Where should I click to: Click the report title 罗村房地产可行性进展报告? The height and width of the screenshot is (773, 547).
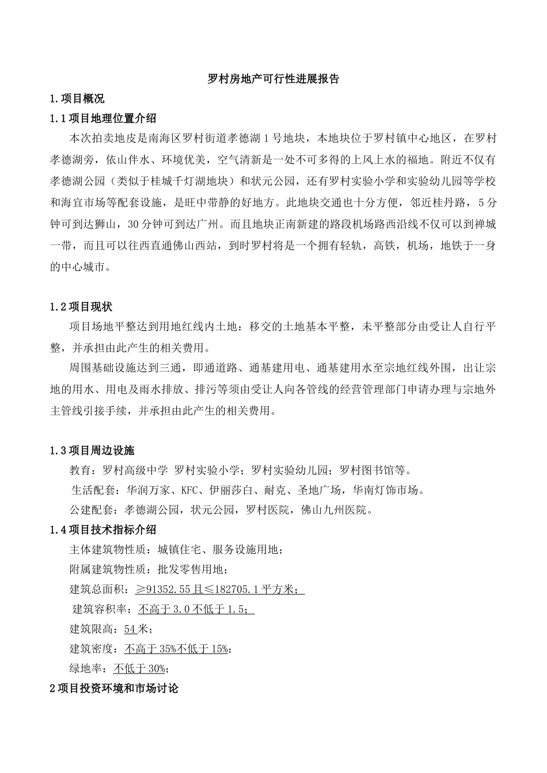coord(273,79)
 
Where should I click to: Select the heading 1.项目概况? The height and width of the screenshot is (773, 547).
coord(77,98)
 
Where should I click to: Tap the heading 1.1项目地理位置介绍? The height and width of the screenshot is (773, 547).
coord(103,119)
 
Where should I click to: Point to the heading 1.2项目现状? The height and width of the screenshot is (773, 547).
coord(81,307)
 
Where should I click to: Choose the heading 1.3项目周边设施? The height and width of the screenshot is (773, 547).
coord(92,450)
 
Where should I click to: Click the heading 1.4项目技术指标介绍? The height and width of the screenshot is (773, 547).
coord(103,530)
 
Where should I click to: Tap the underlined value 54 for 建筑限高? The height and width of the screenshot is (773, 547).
coord(130,629)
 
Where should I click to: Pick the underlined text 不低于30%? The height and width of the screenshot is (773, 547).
coord(139,668)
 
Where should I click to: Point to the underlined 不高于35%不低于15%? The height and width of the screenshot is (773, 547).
coord(176,649)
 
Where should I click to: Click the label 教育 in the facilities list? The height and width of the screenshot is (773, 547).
coord(80,470)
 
